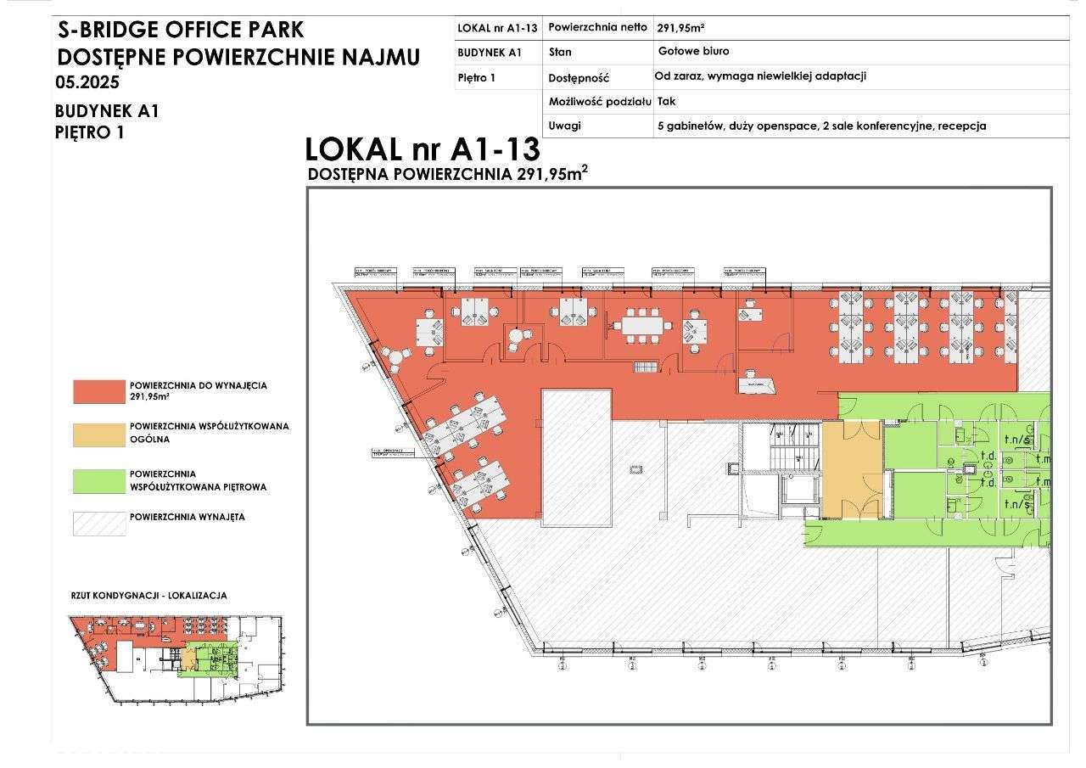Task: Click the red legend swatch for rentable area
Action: pos(99,391)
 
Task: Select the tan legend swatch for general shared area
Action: pos(99,434)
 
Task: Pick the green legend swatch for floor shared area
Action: pos(99,481)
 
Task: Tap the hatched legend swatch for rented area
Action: pos(99,523)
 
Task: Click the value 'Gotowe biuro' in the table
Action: pos(693,52)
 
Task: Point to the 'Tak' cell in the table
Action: pos(667,101)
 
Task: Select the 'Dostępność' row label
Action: pos(579,77)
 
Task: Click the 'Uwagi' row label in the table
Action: pos(565,126)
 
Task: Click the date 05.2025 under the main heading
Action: pos(87,83)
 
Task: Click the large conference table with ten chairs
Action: pos(641,326)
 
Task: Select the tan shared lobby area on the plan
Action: pos(852,468)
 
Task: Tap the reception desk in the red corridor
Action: pos(756,385)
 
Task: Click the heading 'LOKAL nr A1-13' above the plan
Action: pos(422,149)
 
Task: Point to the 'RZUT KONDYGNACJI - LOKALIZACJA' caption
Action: pos(148,596)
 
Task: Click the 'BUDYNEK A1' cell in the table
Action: pos(489,52)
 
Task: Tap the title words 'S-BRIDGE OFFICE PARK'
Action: pos(180,31)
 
